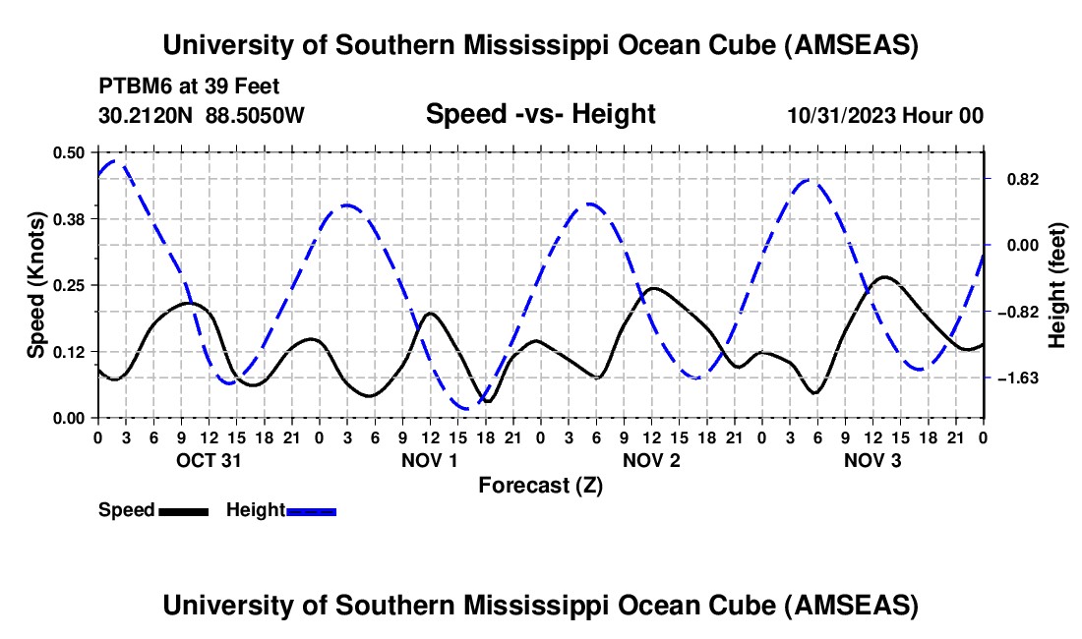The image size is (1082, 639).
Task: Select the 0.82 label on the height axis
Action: (1014, 179)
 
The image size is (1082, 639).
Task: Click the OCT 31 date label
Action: (209, 460)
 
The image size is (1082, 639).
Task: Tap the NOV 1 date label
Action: (431, 460)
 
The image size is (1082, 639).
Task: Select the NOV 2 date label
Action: (652, 460)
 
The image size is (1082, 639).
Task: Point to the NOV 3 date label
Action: (873, 460)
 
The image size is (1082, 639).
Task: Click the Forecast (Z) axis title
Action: (540, 485)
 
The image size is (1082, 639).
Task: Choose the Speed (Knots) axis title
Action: (36, 285)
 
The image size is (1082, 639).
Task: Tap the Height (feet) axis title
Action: (1057, 285)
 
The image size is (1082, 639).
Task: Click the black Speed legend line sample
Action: (183, 510)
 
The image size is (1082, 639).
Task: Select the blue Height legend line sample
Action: (312, 510)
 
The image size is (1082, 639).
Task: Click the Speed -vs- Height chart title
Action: (540, 114)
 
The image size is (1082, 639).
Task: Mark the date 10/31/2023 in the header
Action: (840, 115)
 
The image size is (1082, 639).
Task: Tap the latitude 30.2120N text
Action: (147, 115)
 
